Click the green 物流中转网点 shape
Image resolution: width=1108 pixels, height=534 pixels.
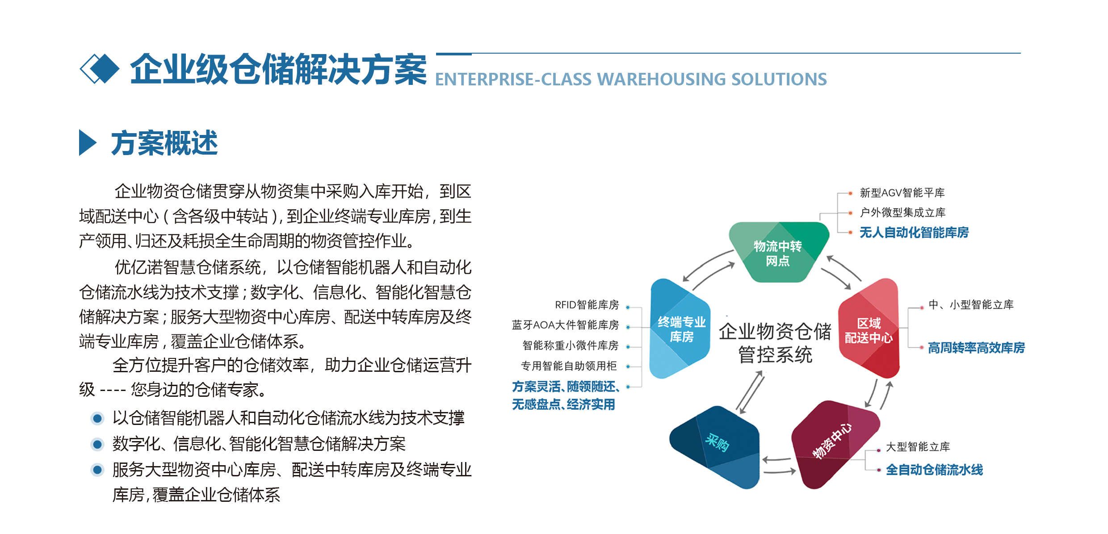778,252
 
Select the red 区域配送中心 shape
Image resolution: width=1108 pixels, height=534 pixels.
869,328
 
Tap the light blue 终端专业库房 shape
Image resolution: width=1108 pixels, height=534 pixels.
680,329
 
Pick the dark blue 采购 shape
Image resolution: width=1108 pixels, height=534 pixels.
715,447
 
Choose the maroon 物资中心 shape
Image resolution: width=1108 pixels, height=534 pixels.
835,445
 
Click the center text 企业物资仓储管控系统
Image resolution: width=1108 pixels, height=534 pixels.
775,343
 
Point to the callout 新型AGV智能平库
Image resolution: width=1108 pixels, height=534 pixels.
902,193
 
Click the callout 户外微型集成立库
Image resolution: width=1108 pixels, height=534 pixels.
902,212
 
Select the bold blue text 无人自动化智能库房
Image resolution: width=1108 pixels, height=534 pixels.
914,232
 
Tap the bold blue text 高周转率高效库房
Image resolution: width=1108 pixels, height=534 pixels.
976,348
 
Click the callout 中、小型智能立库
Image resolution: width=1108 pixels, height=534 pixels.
971,305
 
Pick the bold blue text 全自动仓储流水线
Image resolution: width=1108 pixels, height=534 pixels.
934,470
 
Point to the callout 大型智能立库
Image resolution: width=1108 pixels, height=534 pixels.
918,447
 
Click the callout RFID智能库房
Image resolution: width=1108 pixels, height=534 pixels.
587,305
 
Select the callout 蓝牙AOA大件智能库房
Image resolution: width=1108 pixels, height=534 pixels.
565,325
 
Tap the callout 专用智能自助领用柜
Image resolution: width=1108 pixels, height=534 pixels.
569,366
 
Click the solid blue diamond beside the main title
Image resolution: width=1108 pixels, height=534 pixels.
105,69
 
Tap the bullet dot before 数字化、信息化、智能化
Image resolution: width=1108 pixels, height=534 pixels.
97,444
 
